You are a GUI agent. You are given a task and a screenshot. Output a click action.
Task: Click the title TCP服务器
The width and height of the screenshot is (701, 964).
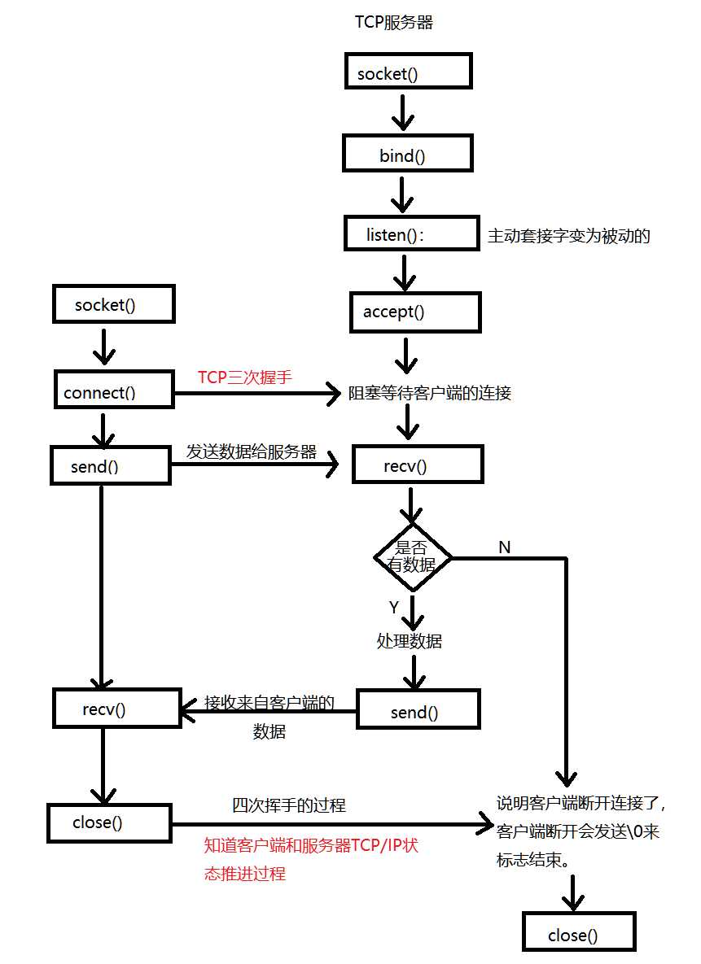(393, 22)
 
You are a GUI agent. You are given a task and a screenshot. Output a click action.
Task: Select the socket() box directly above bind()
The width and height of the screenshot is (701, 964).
(408, 72)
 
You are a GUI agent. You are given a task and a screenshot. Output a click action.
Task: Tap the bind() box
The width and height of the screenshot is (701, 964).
(408, 155)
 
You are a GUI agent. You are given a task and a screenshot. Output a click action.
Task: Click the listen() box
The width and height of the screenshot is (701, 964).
(408, 235)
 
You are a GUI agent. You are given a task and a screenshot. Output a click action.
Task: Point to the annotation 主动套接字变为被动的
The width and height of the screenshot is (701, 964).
(568, 236)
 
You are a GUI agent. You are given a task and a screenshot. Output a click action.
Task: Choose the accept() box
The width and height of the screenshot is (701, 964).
(415, 312)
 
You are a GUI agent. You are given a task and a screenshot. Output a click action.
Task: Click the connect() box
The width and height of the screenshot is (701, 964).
(114, 390)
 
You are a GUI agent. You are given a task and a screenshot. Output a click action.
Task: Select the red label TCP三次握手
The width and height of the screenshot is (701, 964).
(244, 377)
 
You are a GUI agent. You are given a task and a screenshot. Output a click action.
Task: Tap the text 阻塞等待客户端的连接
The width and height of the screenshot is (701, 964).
(430, 393)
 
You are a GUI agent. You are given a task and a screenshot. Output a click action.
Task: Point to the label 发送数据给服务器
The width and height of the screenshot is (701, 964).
(251, 452)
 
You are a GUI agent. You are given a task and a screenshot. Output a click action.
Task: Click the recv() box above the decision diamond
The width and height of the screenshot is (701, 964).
(417, 466)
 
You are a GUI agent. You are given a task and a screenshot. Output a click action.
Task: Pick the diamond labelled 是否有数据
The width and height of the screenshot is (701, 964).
(413, 557)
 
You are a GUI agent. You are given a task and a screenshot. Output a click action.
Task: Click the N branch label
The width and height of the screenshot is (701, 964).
(504, 547)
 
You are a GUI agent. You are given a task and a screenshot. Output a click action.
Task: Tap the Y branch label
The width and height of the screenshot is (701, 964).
(394, 608)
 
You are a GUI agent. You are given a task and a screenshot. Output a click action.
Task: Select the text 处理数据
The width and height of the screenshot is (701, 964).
(410, 641)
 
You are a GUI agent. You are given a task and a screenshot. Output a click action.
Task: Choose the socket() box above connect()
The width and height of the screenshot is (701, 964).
(113, 305)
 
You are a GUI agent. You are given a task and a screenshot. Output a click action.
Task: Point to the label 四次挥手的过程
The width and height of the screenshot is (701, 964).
(289, 805)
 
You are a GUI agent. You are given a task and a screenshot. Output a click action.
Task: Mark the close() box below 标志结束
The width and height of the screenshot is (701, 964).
(578, 933)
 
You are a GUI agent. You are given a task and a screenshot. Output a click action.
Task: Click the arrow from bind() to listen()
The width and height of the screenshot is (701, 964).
(401, 194)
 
